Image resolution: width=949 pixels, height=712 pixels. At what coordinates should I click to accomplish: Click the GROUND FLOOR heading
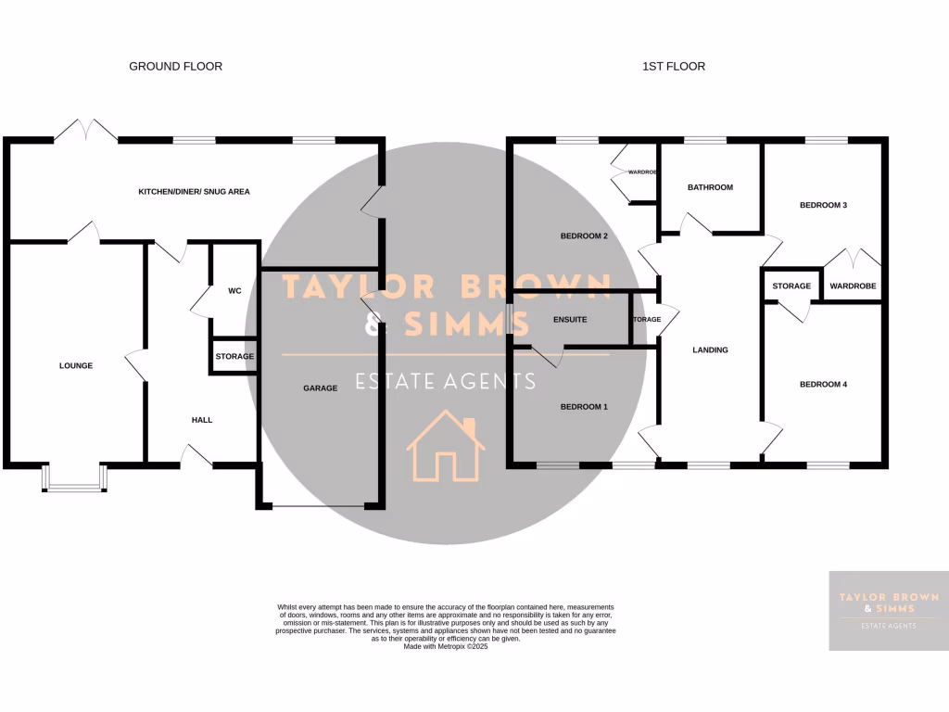point(175,66)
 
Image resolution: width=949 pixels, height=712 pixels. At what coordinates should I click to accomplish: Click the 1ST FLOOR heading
point(673,66)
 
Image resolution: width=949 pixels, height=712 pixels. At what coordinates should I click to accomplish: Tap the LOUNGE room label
point(76,365)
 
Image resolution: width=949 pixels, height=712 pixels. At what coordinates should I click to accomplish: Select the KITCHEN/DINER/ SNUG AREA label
point(194,191)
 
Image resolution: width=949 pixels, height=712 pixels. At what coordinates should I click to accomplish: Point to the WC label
point(234,291)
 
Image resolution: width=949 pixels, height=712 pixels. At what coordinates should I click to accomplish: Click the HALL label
point(202,420)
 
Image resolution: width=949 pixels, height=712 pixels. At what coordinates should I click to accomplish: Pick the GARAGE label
point(321,388)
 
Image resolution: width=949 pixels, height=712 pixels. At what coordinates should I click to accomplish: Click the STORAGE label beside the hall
point(234,356)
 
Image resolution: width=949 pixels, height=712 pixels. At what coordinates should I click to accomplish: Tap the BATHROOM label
point(710,187)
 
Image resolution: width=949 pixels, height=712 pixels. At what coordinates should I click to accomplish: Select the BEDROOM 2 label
point(584,235)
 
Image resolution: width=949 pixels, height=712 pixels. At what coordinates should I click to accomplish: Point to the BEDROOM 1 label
point(584,406)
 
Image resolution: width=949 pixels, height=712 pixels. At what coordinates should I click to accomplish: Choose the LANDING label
point(711,350)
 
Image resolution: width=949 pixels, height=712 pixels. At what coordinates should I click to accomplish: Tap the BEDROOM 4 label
point(823,384)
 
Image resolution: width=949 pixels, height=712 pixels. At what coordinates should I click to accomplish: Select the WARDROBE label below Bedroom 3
point(853,286)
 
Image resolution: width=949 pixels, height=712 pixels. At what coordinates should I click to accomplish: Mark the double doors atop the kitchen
point(85,132)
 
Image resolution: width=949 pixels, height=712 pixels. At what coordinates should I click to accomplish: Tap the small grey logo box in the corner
point(888,610)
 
